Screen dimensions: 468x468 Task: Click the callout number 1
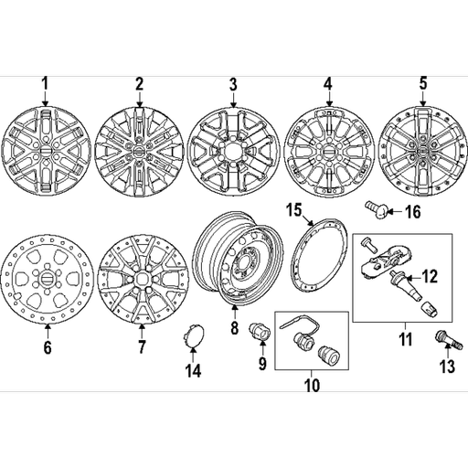[45, 83]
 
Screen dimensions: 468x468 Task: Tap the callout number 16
[413, 211]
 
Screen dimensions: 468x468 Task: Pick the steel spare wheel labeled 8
[239, 259]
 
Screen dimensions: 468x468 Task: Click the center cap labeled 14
[194, 336]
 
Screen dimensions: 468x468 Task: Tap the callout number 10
[312, 385]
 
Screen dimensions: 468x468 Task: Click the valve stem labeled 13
[449, 340]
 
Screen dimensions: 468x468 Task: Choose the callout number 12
[430, 277]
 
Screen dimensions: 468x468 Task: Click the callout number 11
[405, 339]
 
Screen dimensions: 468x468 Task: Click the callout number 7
[141, 346]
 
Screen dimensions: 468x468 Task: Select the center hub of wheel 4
[328, 152]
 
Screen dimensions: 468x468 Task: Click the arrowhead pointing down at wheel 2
[140, 104]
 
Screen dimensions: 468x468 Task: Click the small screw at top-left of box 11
[367, 245]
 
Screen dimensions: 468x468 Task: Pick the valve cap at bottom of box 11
[430, 311]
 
